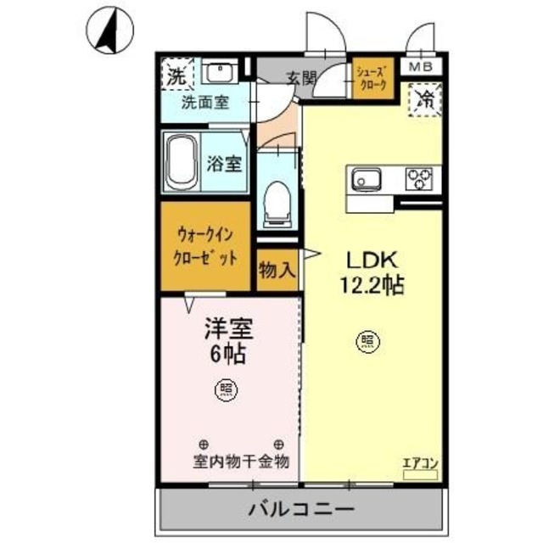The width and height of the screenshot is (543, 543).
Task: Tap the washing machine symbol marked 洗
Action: [175, 75]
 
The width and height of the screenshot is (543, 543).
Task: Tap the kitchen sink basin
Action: [367, 180]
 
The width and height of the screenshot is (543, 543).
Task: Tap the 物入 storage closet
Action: [277, 271]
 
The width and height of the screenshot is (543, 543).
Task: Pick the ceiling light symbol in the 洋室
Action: [228, 389]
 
